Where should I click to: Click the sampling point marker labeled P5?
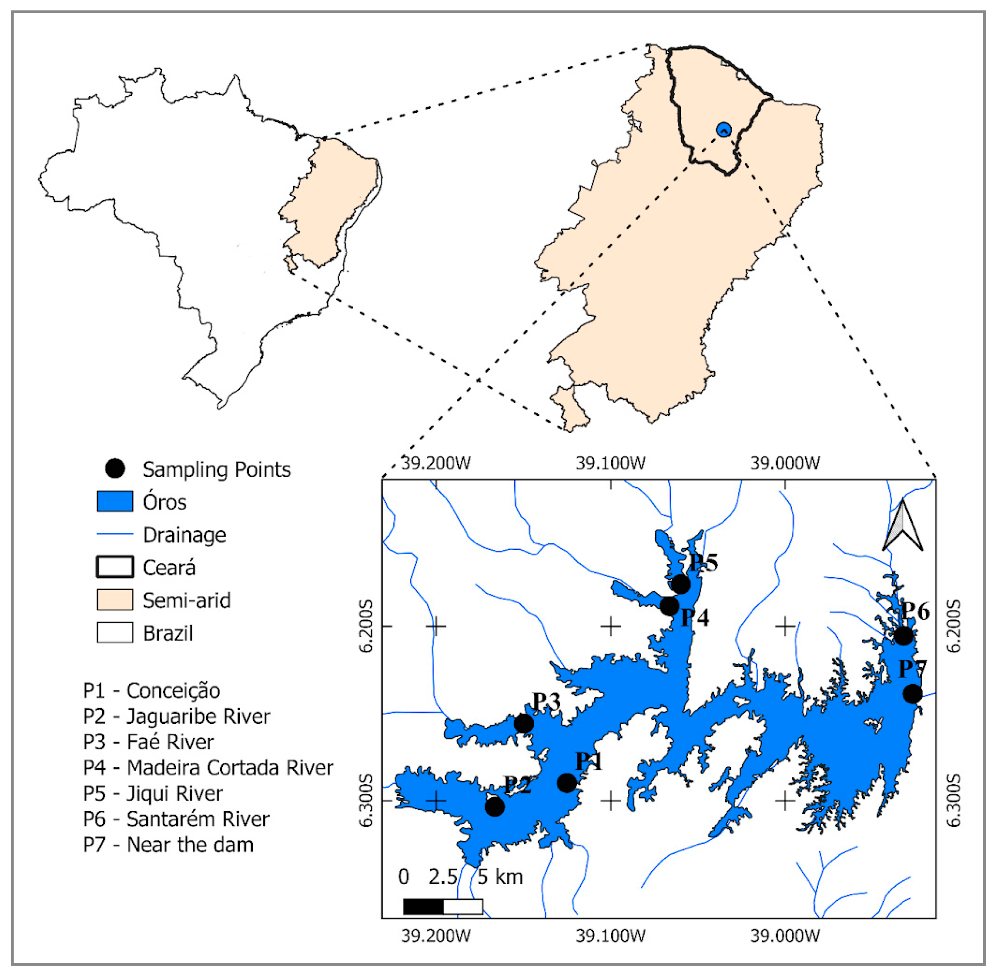point(681,584)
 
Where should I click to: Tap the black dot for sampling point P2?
point(495,807)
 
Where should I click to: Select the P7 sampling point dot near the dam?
point(912,694)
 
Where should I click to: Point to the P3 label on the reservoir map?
point(546,702)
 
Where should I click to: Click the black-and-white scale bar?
point(443,907)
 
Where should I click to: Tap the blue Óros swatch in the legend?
point(115,501)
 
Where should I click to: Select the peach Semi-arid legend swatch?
point(115,600)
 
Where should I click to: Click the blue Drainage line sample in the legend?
point(115,534)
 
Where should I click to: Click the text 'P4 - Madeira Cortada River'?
point(208,768)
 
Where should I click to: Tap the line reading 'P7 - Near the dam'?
point(168,844)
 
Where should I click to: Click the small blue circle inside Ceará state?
point(724,129)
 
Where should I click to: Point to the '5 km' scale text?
point(500,877)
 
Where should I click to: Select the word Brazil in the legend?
point(168,633)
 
